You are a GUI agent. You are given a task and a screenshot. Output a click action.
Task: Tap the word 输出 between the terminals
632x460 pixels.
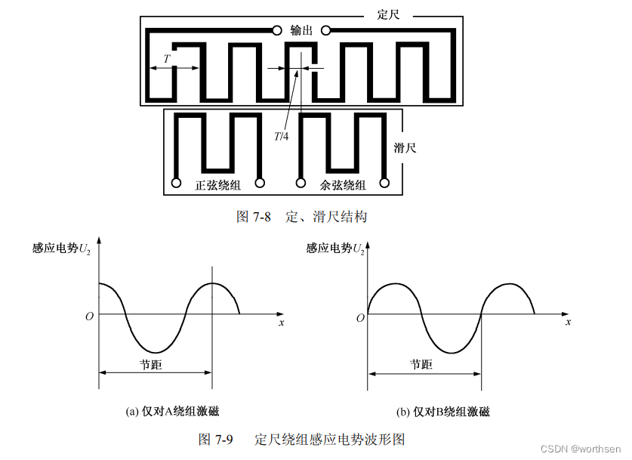pyautogui.click(x=301, y=30)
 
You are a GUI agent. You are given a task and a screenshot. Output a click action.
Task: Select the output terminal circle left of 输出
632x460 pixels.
pyautogui.click(x=276, y=31)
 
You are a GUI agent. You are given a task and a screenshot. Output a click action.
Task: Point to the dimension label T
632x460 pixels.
pyautogui.click(x=167, y=57)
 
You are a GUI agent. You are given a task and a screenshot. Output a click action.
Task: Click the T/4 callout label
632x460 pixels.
pyautogui.click(x=281, y=136)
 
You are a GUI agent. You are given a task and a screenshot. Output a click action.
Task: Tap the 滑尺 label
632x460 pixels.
pyautogui.click(x=405, y=147)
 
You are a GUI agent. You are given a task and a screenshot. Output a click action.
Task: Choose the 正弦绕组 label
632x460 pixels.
pyautogui.click(x=217, y=185)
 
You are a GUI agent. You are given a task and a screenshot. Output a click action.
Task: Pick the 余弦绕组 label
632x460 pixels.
pyautogui.click(x=343, y=185)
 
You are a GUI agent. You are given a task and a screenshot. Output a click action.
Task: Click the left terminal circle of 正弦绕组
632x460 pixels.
pyautogui.click(x=177, y=183)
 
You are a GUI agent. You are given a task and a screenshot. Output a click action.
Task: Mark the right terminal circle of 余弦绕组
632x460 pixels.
pyautogui.click(x=384, y=183)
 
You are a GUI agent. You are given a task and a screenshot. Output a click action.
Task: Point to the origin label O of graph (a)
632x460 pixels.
pyautogui.click(x=89, y=316)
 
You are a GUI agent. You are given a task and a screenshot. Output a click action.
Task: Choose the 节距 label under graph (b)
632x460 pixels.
pyautogui.click(x=421, y=364)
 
